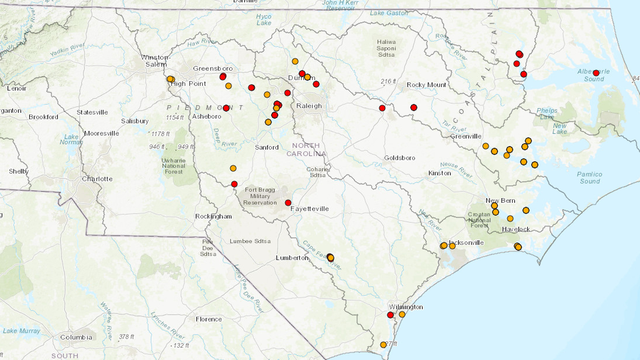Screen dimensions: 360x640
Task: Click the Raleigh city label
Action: pyautogui.click(x=309, y=106)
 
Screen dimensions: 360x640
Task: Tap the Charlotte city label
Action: pyautogui.click(x=97, y=179)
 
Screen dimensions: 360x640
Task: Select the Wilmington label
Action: pyautogui.click(x=406, y=307)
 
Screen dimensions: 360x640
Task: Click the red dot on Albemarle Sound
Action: pyautogui.click(x=596, y=73)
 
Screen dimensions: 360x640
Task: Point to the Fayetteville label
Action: pyautogui.click(x=309, y=209)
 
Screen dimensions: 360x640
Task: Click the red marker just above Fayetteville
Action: pyautogui.click(x=288, y=203)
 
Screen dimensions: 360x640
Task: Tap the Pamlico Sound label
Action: pyautogui.click(x=589, y=178)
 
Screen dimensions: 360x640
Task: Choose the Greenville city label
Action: pyautogui.click(x=465, y=136)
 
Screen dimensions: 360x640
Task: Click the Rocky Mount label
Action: pyautogui.click(x=427, y=85)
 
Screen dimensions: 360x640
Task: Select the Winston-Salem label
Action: pyautogui.click(x=154, y=61)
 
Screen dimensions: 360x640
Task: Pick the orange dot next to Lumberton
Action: pyautogui.click(x=330, y=258)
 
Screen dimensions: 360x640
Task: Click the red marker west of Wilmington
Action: pyautogui.click(x=390, y=315)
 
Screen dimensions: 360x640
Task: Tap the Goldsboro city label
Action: pyautogui.click(x=400, y=158)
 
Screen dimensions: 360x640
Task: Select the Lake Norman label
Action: pyautogui.click(x=71, y=139)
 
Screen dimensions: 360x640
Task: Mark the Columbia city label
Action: pyautogui.click(x=76, y=337)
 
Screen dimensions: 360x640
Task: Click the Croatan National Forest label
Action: pyautogui.click(x=479, y=220)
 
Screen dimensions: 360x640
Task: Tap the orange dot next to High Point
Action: pyautogui.click(x=170, y=79)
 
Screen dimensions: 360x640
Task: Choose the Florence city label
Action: pyautogui.click(x=208, y=319)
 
